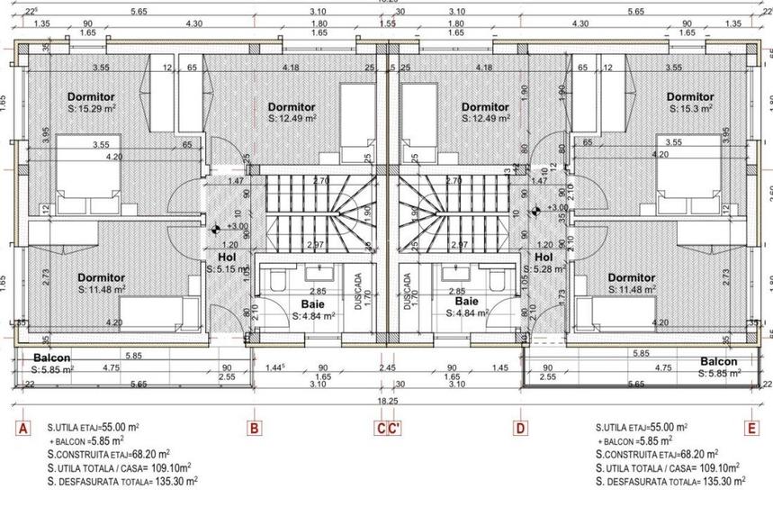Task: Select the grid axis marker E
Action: coord(751,429)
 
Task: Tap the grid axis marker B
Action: coord(254,429)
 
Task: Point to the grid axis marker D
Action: coord(519,429)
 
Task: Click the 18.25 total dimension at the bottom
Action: coord(387,402)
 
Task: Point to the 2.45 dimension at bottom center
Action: coord(387,368)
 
